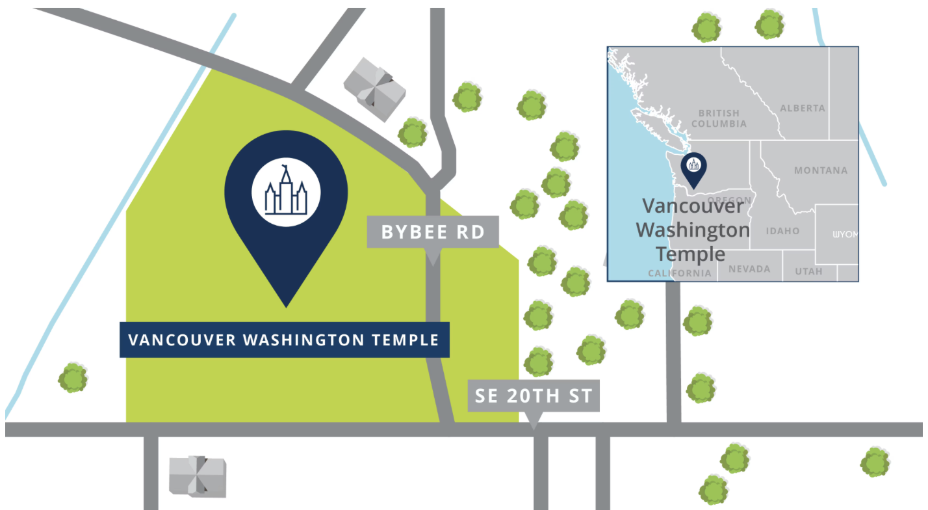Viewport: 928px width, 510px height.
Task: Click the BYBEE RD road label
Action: (433, 232)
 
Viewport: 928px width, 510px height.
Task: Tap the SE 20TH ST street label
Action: (534, 396)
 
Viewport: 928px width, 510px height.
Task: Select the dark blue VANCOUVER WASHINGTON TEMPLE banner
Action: (284, 340)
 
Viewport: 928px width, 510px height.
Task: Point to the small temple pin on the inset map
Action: (693, 168)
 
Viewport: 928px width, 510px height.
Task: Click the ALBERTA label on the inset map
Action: (803, 108)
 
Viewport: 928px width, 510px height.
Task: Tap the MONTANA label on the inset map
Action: (821, 170)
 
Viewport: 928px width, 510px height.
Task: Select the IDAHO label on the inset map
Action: (782, 231)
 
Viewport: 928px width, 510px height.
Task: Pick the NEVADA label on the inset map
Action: (749, 269)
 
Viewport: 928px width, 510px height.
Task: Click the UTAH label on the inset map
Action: (808, 271)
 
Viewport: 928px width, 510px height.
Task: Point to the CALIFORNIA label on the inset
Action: (680, 273)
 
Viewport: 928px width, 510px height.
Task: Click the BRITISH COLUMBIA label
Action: (719, 118)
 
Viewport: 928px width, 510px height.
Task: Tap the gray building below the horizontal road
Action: (198, 476)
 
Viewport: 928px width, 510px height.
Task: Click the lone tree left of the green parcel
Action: (73, 378)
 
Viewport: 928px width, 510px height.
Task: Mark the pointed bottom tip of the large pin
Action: (286, 306)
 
